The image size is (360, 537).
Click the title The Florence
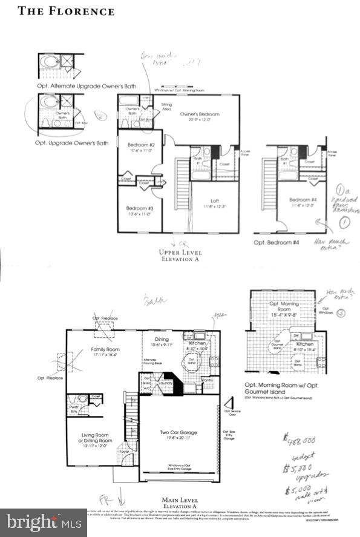coord(66,11)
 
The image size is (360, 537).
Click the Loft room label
coord(208,203)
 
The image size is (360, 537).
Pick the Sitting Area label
coord(166,107)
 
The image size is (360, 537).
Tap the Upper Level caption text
coord(180,252)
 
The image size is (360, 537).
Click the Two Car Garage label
coord(179,433)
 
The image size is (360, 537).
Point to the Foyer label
coord(125,451)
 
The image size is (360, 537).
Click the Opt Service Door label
coord(231,413)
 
